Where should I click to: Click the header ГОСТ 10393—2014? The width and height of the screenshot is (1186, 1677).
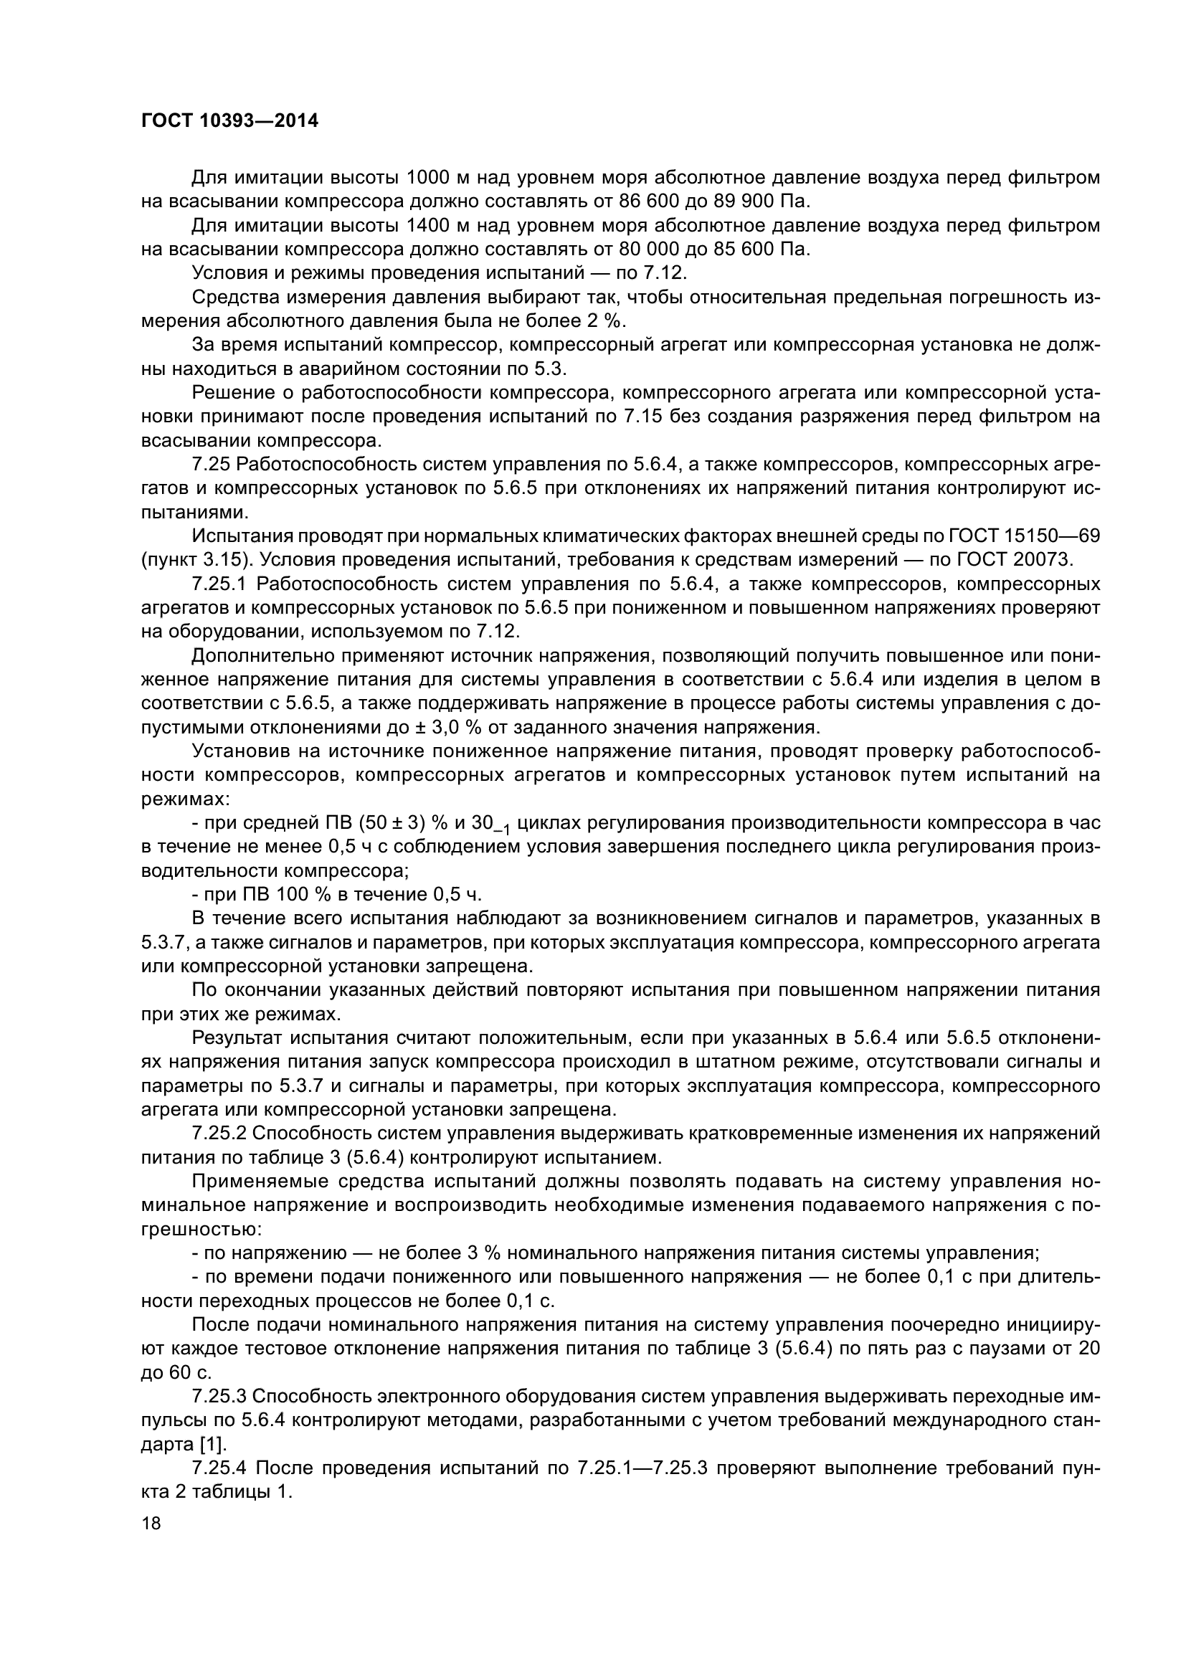coord(229,121)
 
